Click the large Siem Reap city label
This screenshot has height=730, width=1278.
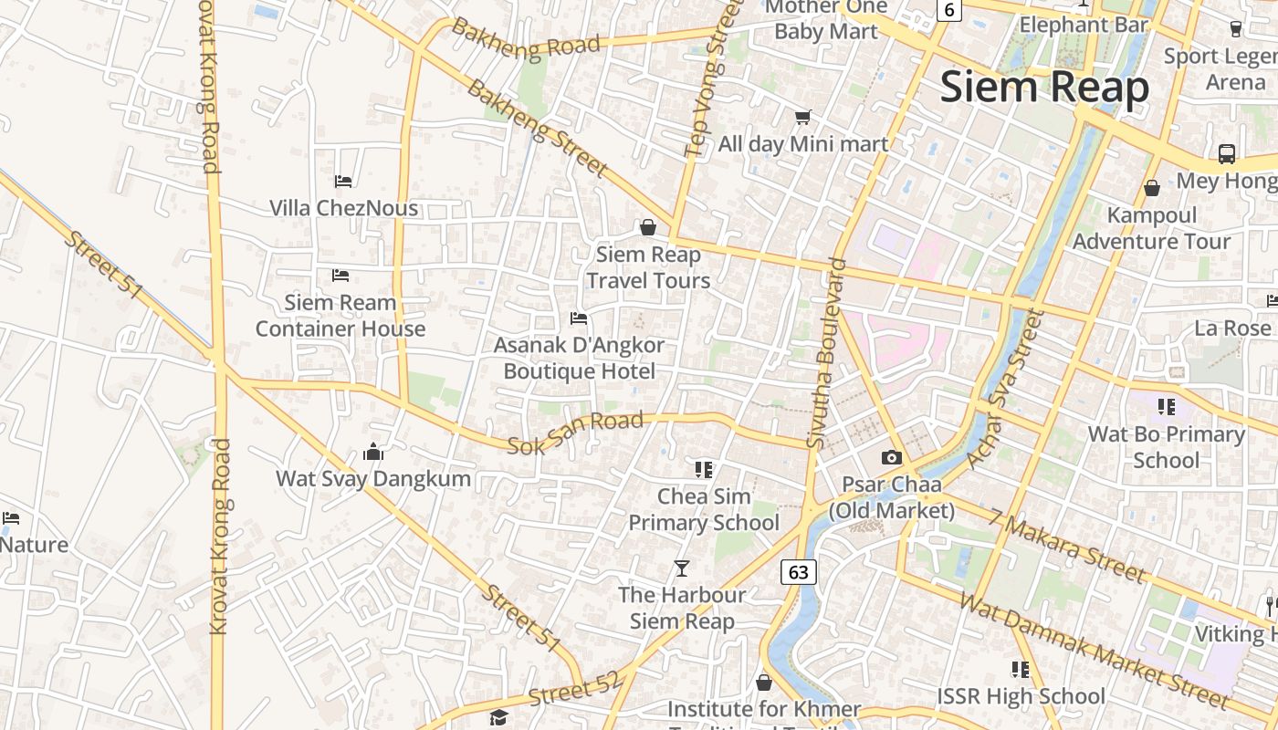pyautogui.click(x=1044, y=89)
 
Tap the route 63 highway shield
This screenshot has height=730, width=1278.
pyautogui.click(x=798, y=572)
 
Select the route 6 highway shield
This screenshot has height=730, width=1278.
pyautogui.click(x=949, y=10)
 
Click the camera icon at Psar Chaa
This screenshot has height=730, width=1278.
pyautogui.click(x=892, y=457)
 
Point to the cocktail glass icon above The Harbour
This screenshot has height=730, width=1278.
pyautogui.click(x=681, y=568)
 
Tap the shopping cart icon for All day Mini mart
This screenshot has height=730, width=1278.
pyautogui.click(x=802, y=117)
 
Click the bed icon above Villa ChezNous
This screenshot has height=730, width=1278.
pyautogui.click(x=343, y=182)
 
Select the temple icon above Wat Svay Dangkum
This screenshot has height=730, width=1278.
pyautogui.click(x=372, y=452)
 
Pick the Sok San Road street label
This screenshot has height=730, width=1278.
pyautogui.click(x=575, y=433)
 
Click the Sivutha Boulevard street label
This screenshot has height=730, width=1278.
pyautogui.click(x=823, y=353)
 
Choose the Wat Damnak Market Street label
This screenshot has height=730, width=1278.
pyautogui.click(x=1094, y=652)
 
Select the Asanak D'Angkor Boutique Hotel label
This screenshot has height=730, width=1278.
pyautogui.click(x=579, y=359)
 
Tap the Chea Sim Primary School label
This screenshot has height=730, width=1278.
pyautogui.click(x=704, y=509)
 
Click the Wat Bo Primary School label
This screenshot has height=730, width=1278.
pyautogui.click(x=1166, y=446)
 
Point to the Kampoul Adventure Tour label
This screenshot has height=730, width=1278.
pyautogui.click(x=1151, y=228)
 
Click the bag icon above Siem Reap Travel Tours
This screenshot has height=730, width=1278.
pyautogui.click(x=648, y=227)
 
